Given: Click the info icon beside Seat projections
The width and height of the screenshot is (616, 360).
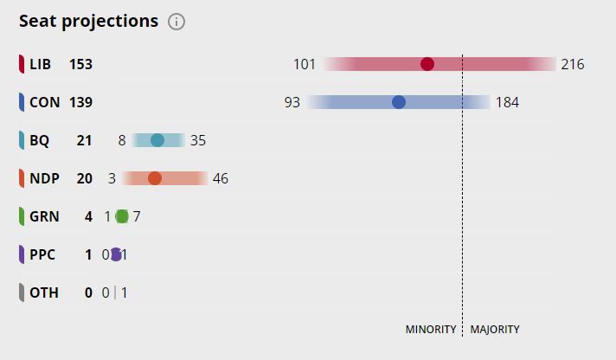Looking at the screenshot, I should (176, 22).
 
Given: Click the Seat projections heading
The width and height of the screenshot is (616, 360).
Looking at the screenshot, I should (88, 22).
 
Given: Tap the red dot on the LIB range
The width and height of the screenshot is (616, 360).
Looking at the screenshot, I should (427, 64).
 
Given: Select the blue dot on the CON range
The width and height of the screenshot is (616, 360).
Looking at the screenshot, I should (399, 102).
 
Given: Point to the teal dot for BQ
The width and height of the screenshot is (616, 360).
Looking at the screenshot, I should (157, 140).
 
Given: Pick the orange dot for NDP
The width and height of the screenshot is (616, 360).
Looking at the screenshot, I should (155, 178).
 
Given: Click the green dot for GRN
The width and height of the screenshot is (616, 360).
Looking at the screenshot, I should (122, 216).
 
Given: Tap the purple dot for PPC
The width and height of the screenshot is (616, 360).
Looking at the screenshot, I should (116, 254).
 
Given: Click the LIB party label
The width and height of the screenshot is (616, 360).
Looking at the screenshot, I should (41, 64).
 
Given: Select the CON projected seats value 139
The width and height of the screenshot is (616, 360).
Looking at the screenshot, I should (80, 102).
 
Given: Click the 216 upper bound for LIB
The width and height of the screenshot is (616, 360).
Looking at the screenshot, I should (573, 64).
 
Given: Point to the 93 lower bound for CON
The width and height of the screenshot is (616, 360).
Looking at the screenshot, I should (292, 102).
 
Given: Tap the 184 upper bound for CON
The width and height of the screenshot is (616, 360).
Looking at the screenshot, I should (507, 102).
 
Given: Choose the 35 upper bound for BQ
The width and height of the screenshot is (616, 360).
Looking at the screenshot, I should (198, 140).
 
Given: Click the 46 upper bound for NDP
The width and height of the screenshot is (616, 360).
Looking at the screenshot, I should (221, 178).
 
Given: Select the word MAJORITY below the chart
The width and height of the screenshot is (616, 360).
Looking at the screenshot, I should (495, 330).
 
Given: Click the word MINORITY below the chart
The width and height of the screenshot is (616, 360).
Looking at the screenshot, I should (431, 330).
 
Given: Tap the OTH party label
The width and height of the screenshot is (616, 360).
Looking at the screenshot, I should (44, 292).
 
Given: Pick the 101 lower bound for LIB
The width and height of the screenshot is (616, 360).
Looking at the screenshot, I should (305, 64).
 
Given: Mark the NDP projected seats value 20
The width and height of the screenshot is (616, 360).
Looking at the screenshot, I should (84, 178).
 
